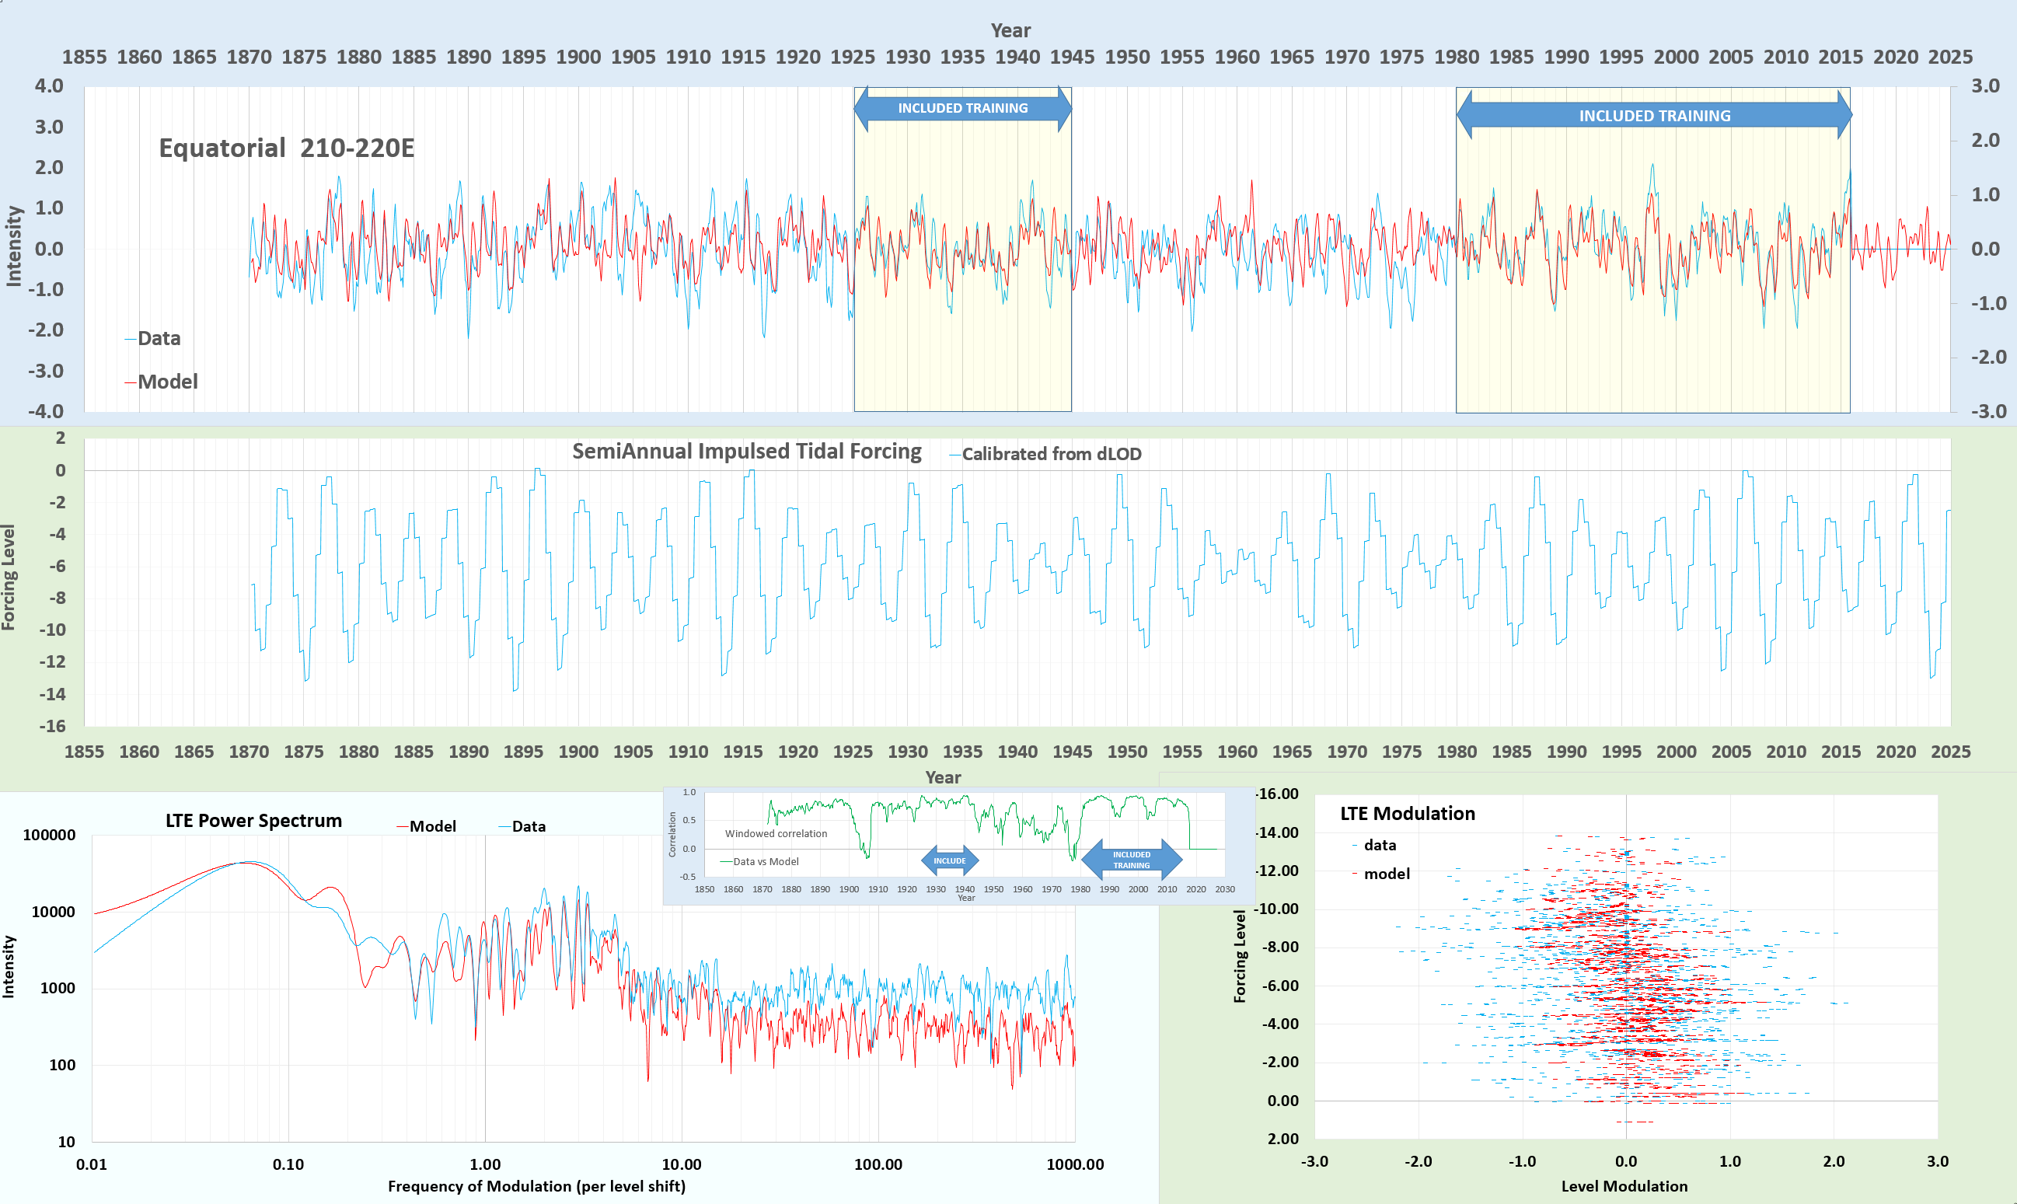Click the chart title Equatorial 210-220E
(286, 148)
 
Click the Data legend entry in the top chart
(159, 338)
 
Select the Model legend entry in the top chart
(166, 382)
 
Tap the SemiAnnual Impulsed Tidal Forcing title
(746, 451)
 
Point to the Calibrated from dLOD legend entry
(1051, 455)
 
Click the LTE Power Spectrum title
(253, 820)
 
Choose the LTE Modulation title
(1407, 814)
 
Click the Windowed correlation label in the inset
(776, 833)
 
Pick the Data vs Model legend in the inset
(765, 862)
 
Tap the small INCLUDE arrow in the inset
(949, 860)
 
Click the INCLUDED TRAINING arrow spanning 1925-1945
(962, 108)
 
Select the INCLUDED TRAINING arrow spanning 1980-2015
(1653, 116)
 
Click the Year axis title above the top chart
(1010, 30)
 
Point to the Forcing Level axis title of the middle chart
(9, 577)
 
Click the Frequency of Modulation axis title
(536, 1186)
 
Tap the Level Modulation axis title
(1624, 1186)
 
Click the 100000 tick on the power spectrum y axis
(49, 835)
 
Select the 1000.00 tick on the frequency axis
(1074, 1164)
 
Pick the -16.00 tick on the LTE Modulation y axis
(1277, 794)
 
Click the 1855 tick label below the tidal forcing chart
(85, 752)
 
